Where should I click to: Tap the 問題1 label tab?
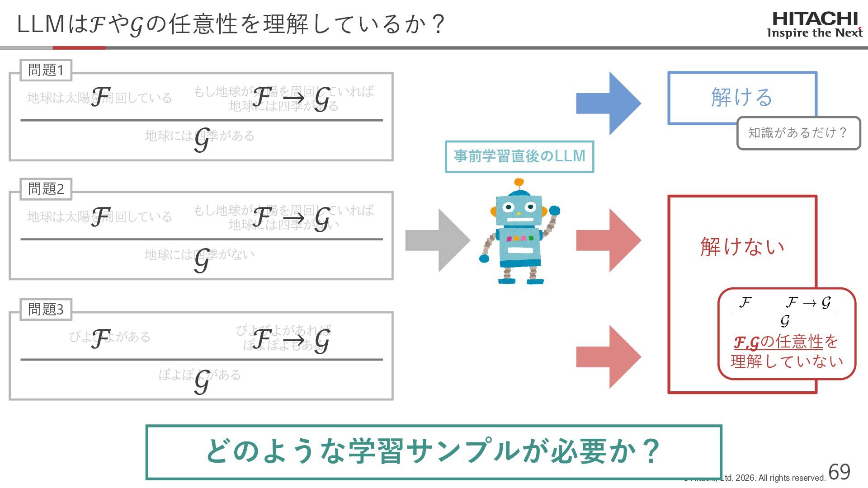46,70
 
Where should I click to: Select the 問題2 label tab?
46,189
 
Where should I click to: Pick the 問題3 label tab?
46,310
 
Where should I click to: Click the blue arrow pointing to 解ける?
608,103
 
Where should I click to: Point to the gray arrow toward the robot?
437,240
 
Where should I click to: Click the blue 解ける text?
741,97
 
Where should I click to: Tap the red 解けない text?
742,247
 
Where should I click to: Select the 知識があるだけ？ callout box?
798,133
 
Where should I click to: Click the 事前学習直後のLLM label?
519,156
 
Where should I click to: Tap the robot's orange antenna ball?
519,183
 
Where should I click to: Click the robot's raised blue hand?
554,211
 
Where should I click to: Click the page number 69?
839,472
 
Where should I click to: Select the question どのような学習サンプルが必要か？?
433,451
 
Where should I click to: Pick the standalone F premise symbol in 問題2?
101,216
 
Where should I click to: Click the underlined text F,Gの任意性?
778,342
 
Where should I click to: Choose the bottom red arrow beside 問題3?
608,357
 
